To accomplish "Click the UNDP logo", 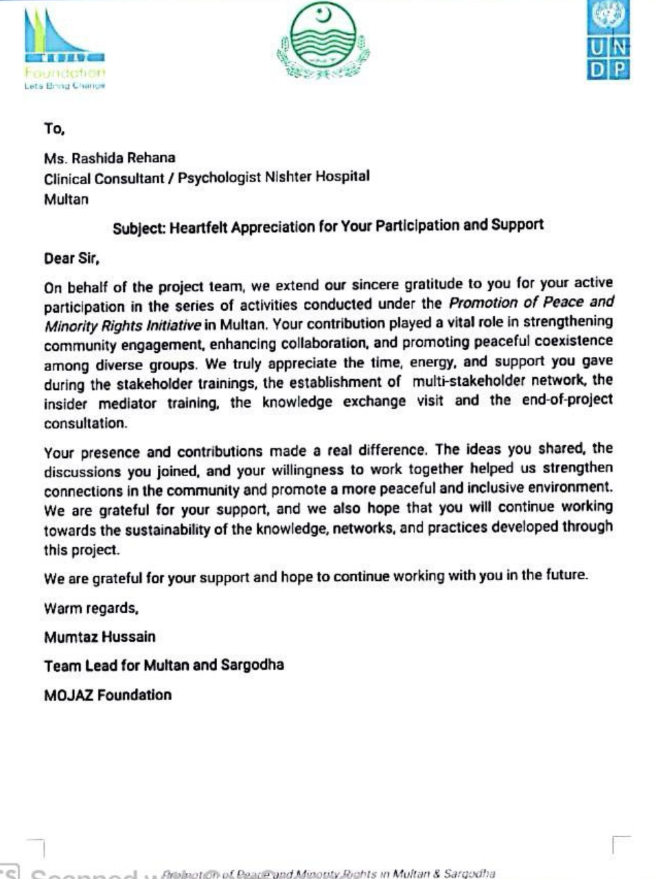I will click(608, 41).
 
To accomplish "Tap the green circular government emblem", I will click(323, 41).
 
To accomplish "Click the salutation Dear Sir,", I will click(72, 258).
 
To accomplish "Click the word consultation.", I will click(85, 424).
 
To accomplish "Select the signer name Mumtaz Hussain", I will click(100, 637).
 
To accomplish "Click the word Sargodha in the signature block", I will click(252, 665).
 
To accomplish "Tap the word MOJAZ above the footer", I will click(68, 695).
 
